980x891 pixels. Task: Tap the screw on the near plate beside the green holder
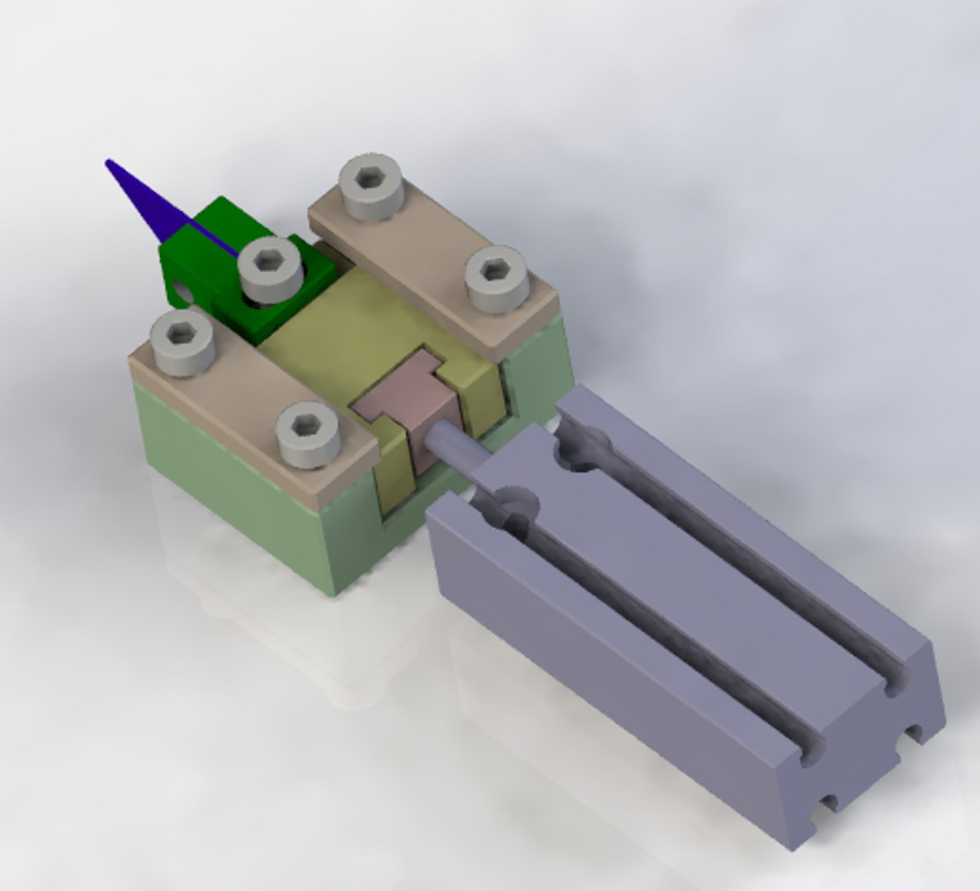(x=183, y=342)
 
